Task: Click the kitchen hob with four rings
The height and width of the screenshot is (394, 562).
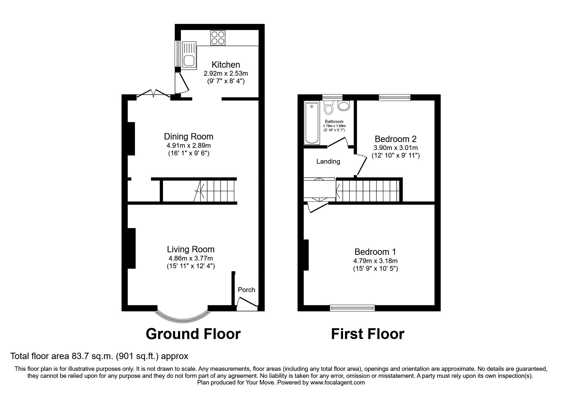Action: pyautogui.click(x=218, y=38)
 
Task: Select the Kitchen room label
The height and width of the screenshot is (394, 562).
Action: pyautogui.click(x=226, y=65)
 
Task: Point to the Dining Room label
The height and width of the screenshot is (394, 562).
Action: pyautogui.click(x=188, y=137)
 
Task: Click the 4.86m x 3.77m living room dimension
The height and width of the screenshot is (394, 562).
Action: pyautogui.click(x=190, y=258)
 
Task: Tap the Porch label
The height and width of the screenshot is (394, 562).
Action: pyautogui.click(x=246, y=290)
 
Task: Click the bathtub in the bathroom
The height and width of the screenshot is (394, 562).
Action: pyautogui.click(x=312, y=123)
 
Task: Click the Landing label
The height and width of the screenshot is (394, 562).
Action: pyautogui.click(x=328, y=161)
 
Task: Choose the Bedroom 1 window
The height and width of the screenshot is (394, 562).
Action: pyautogui.click(x=352, y=307)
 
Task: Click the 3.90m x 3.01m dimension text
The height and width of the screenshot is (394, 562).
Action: pyautogui.click(x=395, y=148)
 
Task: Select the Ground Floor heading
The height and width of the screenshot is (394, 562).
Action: pyautogui.click(x=193, y=334)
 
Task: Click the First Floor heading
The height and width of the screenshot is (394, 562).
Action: pyautogui.click(x=367, y=334)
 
